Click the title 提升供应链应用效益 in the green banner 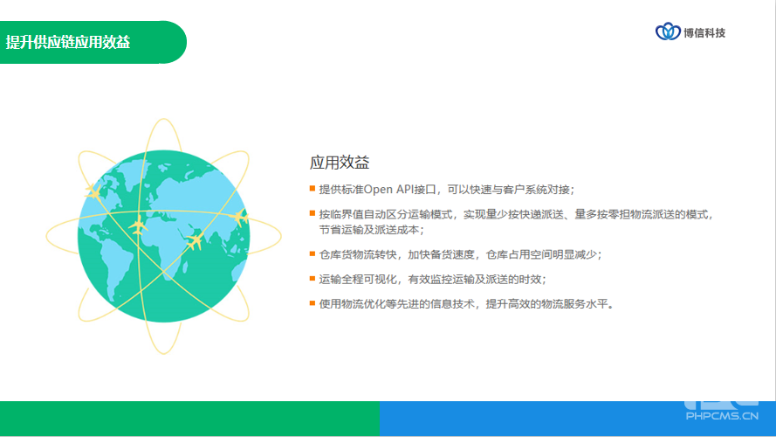pyautogui.click(x=68, y=42)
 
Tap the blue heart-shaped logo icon pyautogui.click(x=668, y=31)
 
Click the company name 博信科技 pyautogui.click(x=704, y=32)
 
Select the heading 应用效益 pyautogui.click(x=340, y=163)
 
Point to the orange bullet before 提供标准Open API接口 pyautogui.click(x=312, y=188)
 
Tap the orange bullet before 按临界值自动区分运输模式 pyautogui.click(x=312, y=213)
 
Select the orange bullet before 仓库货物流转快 pyautogui.click(x=312, y=253)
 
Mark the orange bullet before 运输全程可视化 pyautogui.click(x=312, y=279)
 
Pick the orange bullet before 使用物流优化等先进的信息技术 pyautogui.click(x=312, y=302)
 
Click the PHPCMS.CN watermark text pyautogui.click(x=722, y=416)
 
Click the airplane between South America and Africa pyautogui.click(x=138, y=226)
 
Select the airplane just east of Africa pyautogui.click(x=195, y=241)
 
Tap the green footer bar pyautogui.click(x=189, y=419)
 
